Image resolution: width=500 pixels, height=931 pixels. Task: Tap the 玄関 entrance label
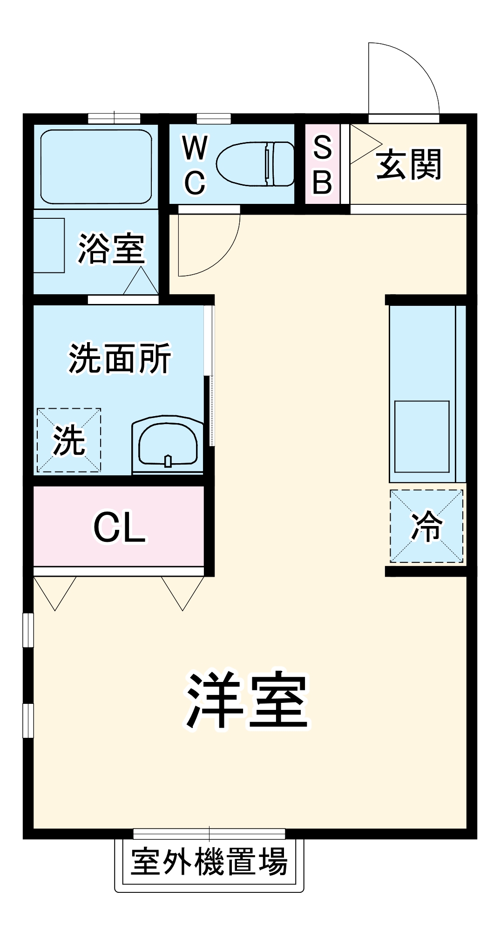tap(408, 164)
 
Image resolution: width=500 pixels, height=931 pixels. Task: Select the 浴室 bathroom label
tap(111, 248)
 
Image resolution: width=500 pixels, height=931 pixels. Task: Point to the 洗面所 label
tap(120, 358)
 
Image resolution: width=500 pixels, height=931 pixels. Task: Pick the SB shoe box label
tap(322, 164)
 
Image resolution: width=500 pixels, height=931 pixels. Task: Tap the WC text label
tap(195, 165)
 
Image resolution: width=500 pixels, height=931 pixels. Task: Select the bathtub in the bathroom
tap(96, 166)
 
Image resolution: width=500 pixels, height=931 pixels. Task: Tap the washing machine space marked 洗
tap(69, 440)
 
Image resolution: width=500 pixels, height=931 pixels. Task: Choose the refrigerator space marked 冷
tap(426, 526)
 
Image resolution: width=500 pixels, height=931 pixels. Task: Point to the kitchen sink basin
tap(422, 436)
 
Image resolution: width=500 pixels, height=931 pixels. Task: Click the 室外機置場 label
tap(209, 862)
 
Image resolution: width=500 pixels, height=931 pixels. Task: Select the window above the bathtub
tap(114, 118)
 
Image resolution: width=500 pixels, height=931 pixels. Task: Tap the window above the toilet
tap(214, 118)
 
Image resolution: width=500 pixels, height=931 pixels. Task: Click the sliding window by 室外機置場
tap(209, 834)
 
